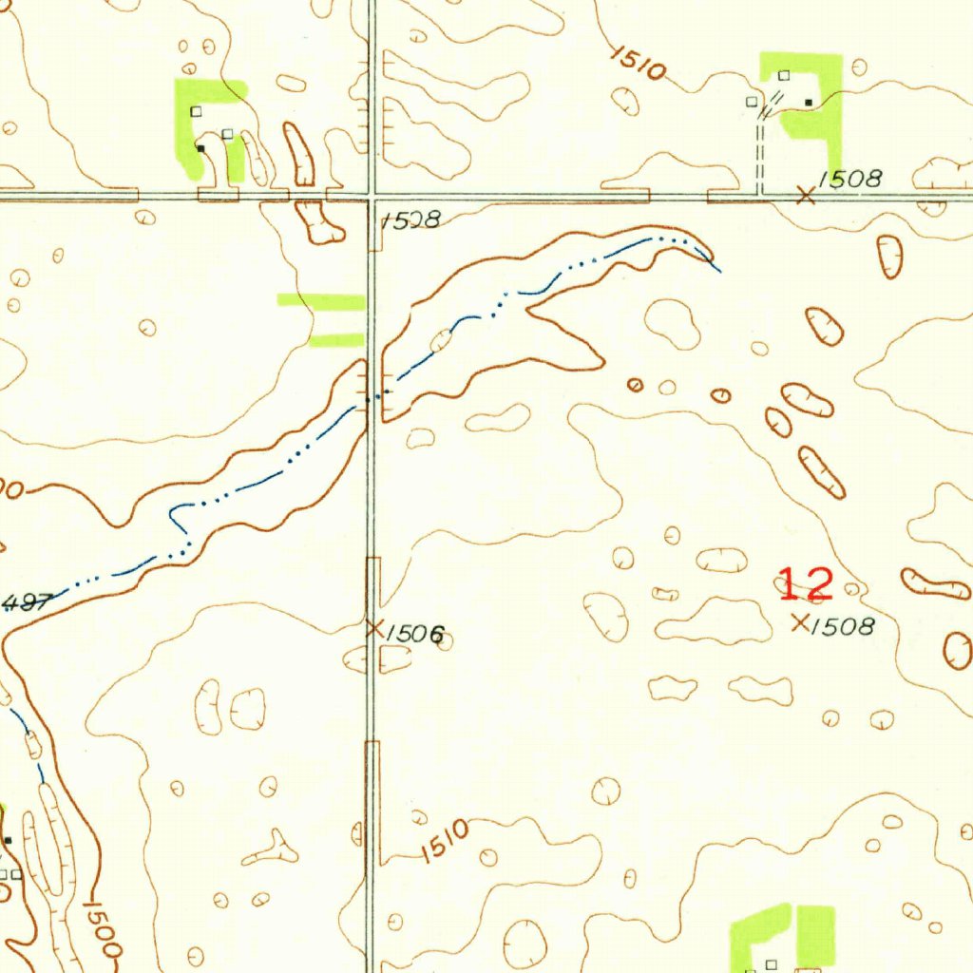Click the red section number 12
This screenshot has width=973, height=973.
click(806, 583)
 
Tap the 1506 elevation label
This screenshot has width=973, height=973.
click(415, 634)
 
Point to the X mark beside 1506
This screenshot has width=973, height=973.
click(374, 628)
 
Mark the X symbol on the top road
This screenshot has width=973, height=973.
click(806, 196)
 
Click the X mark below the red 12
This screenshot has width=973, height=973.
click(800, 622)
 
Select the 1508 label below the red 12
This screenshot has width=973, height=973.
click(844, 626)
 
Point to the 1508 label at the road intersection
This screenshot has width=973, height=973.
click(410, 221)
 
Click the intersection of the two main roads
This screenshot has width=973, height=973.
click(372, 197)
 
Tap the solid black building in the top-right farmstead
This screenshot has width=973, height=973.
click(809, 102)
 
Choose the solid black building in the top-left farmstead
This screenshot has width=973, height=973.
click(200, 148)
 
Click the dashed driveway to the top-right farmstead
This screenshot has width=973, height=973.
click(759, 152)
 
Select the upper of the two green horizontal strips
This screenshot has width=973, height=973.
click(321, 302)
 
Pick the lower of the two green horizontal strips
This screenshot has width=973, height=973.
click(337, 340)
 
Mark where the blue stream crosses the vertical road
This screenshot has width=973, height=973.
click(372, 399)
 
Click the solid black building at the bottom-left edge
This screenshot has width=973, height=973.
click(8, 841)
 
